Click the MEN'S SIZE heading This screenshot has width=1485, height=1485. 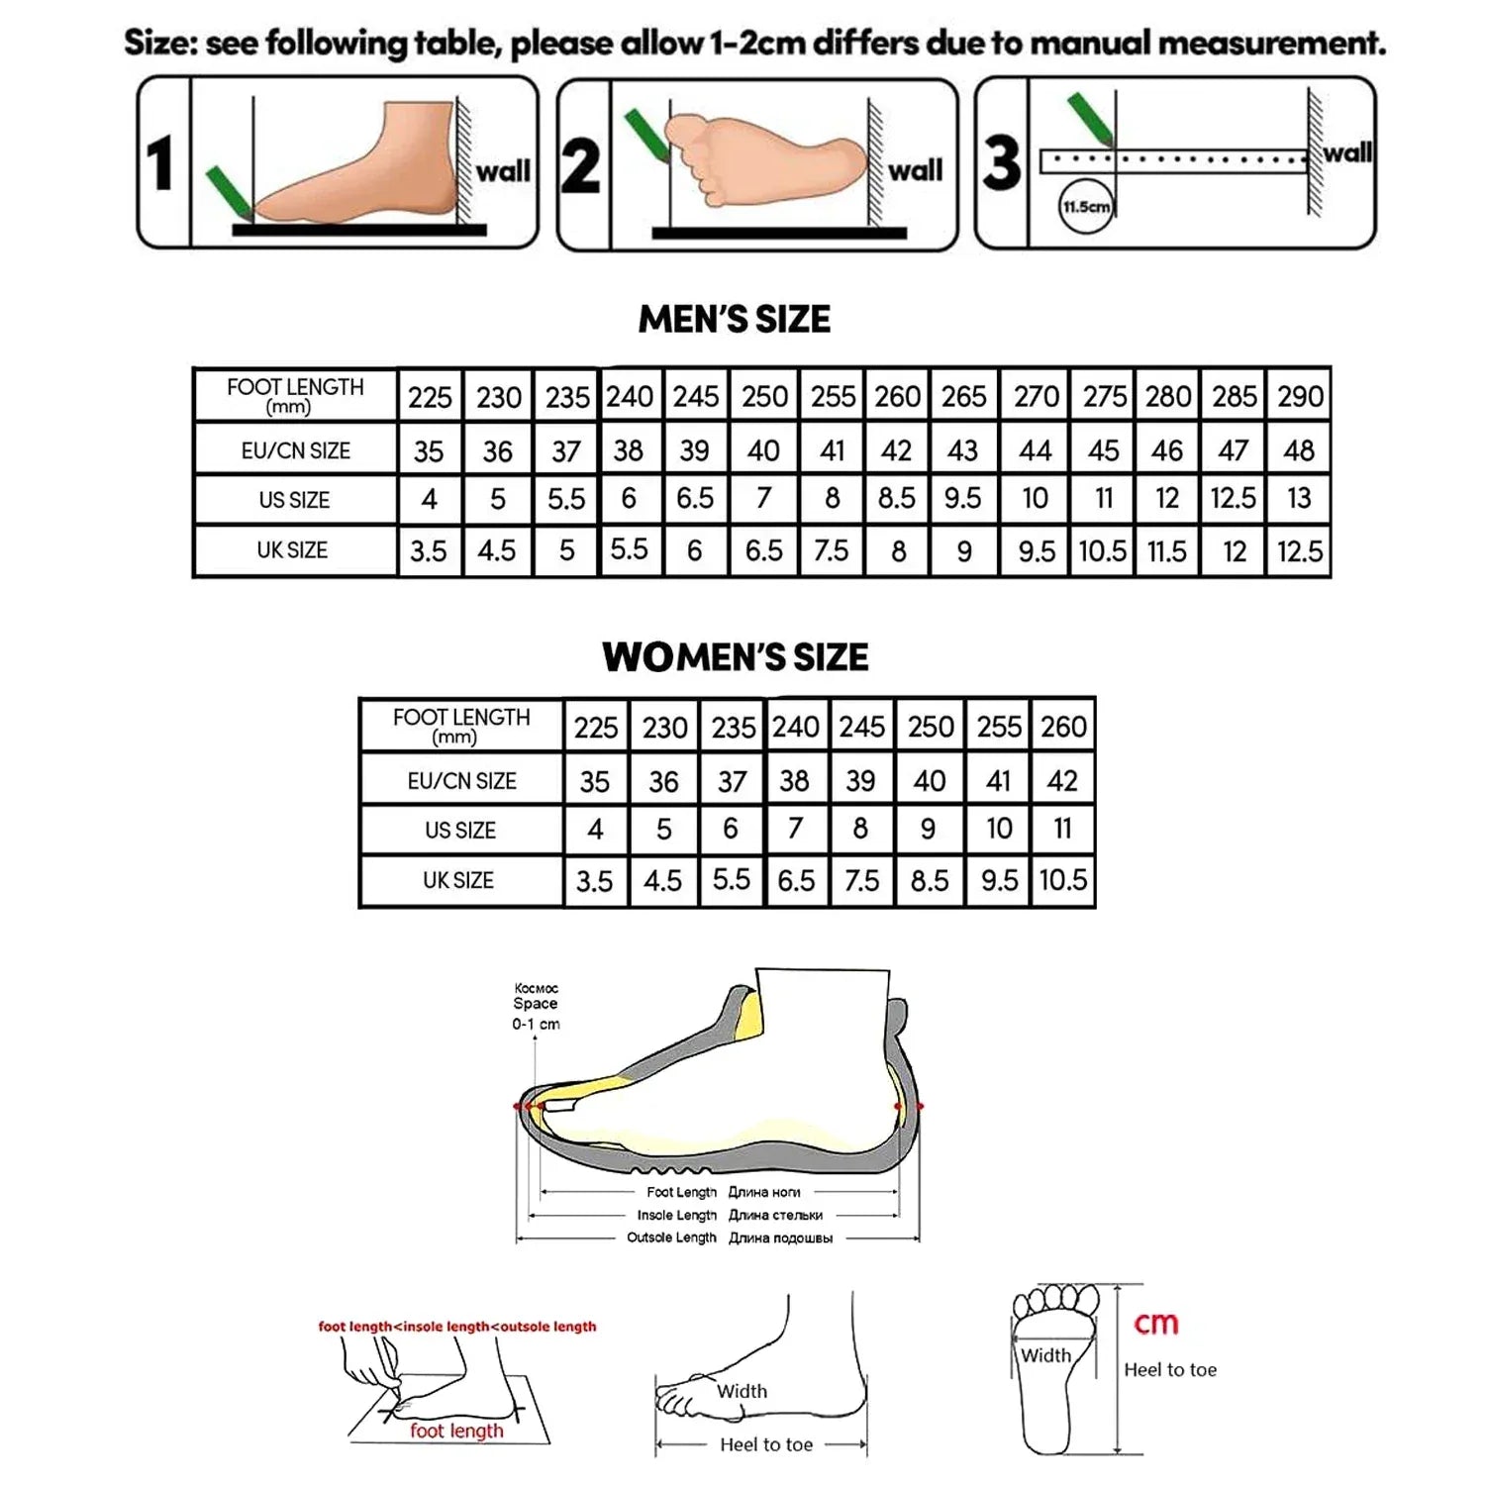(x=735, y=319)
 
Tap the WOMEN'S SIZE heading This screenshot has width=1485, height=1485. (x=735, y=657)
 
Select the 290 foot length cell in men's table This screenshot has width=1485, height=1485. (x=1300, y=397)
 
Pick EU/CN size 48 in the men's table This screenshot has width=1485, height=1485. (x=1299, y=451)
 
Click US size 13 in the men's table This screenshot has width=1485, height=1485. (x=1299, y=498)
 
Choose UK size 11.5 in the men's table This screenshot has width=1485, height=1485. (x=1166, y=551)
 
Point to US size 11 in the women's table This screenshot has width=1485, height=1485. (x=1062, y=829)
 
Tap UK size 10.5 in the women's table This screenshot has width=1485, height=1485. (x=1062, y=880)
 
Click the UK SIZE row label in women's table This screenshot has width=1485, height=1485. (x=458, y=880)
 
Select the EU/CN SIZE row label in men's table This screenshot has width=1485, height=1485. (x=295, y=451)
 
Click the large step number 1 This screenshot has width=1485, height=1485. (x=160, y=163)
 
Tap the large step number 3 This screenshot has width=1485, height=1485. (x=1002, y=163)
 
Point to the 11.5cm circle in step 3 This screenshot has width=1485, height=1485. (x=1086, y=207)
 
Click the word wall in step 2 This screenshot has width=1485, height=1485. (x=915, y=171)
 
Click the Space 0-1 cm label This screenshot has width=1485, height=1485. (x=536, y=1007)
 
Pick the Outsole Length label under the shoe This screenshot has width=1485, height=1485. (x=671, y=1237)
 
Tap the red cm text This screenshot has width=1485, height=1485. (x=1156, y=1324)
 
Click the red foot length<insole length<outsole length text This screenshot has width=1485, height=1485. (x=457, y=1327)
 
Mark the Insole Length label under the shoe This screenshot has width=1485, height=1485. (x=676, y=1215)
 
